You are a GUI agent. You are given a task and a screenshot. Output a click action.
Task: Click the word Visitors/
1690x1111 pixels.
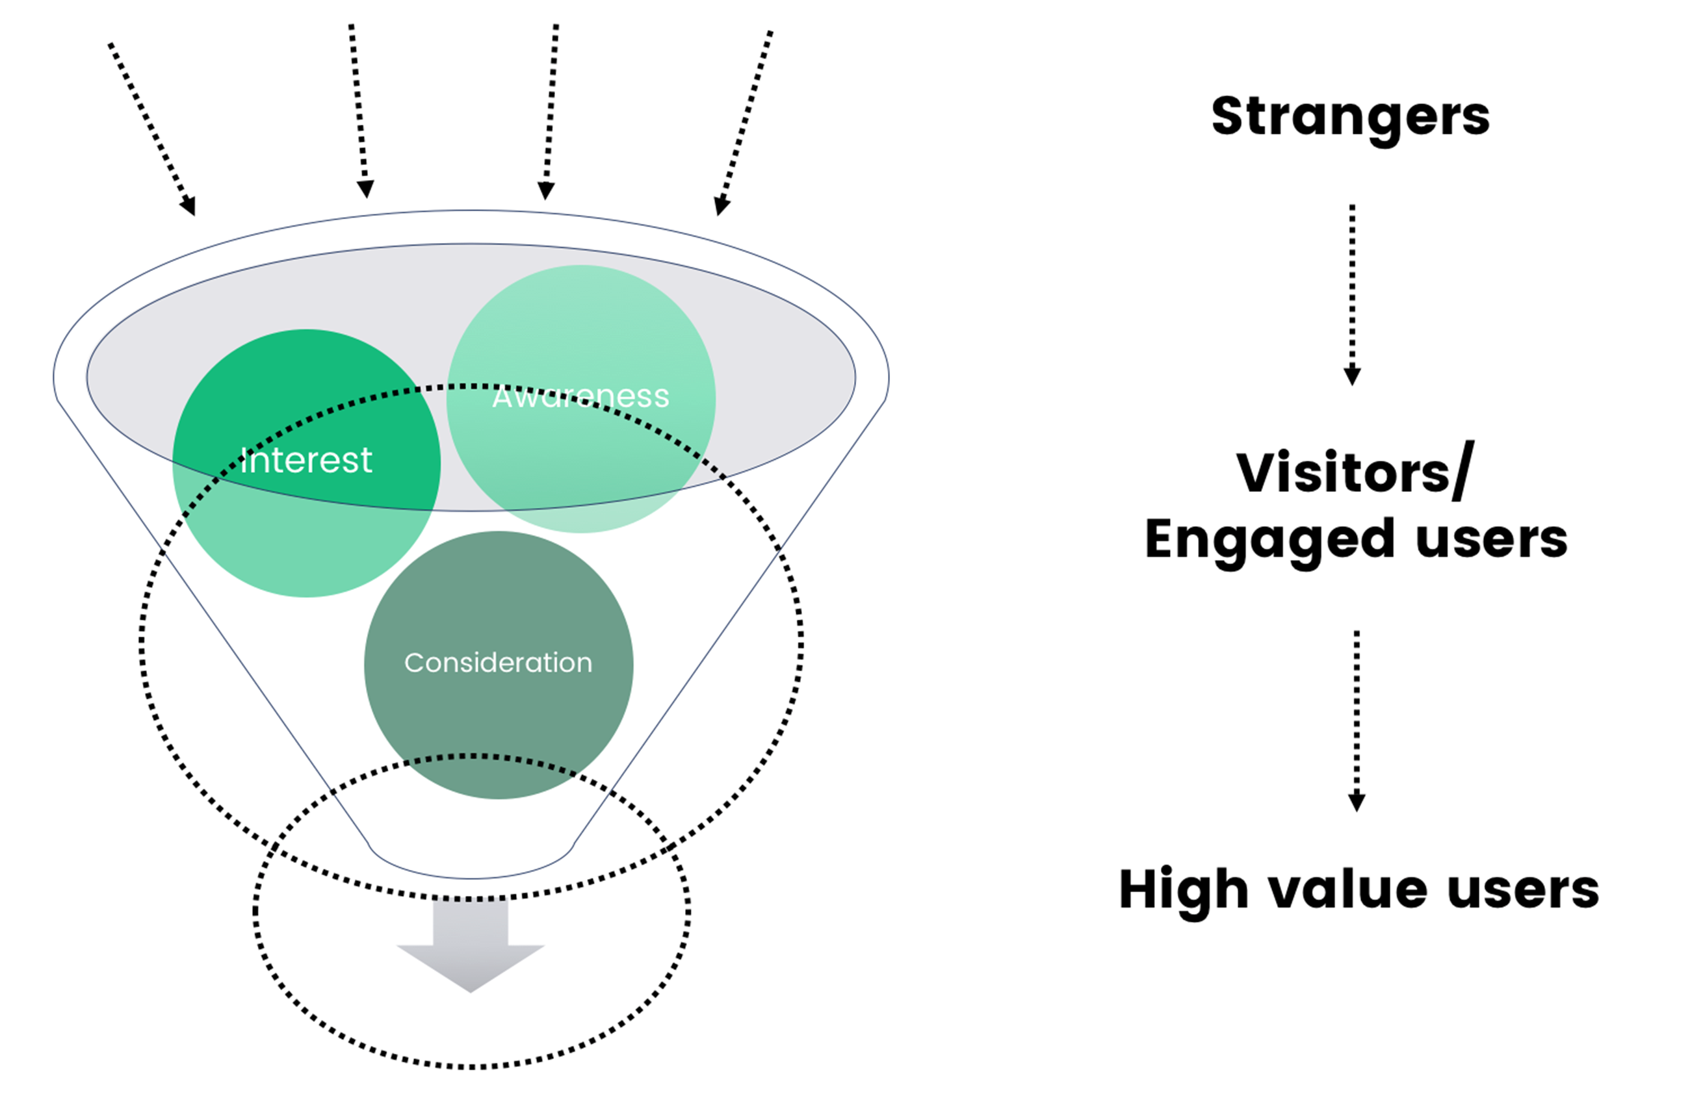tap(1355, 473)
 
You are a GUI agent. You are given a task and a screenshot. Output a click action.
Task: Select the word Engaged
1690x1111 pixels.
tap(1270, 539)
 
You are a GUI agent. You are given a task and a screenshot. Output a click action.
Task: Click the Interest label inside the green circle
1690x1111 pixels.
tap(306, 461)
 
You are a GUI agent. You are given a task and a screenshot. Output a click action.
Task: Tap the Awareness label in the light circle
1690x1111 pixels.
tap(581, 396)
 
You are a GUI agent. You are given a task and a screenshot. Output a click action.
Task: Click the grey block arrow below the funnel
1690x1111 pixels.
tap(471, 948)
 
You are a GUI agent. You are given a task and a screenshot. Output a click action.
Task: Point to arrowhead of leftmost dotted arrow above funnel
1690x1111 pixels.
tap(189, 206)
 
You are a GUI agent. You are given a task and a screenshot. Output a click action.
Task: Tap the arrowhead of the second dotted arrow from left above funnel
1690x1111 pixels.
tap(366, 189)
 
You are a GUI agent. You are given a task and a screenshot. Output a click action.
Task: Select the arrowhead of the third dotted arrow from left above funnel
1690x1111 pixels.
tap(545, 190)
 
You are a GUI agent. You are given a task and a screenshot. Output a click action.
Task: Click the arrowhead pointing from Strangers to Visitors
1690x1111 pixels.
tap(1352, 376)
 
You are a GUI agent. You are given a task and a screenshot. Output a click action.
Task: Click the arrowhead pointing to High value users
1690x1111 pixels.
tap(1357, 802)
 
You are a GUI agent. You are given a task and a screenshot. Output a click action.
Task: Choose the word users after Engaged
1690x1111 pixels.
tap(1491, 539)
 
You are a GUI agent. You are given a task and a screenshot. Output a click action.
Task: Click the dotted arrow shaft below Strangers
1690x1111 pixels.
tap(1352, 284)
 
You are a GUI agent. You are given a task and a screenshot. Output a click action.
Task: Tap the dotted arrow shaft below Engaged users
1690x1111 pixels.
tap(1357, 710)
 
